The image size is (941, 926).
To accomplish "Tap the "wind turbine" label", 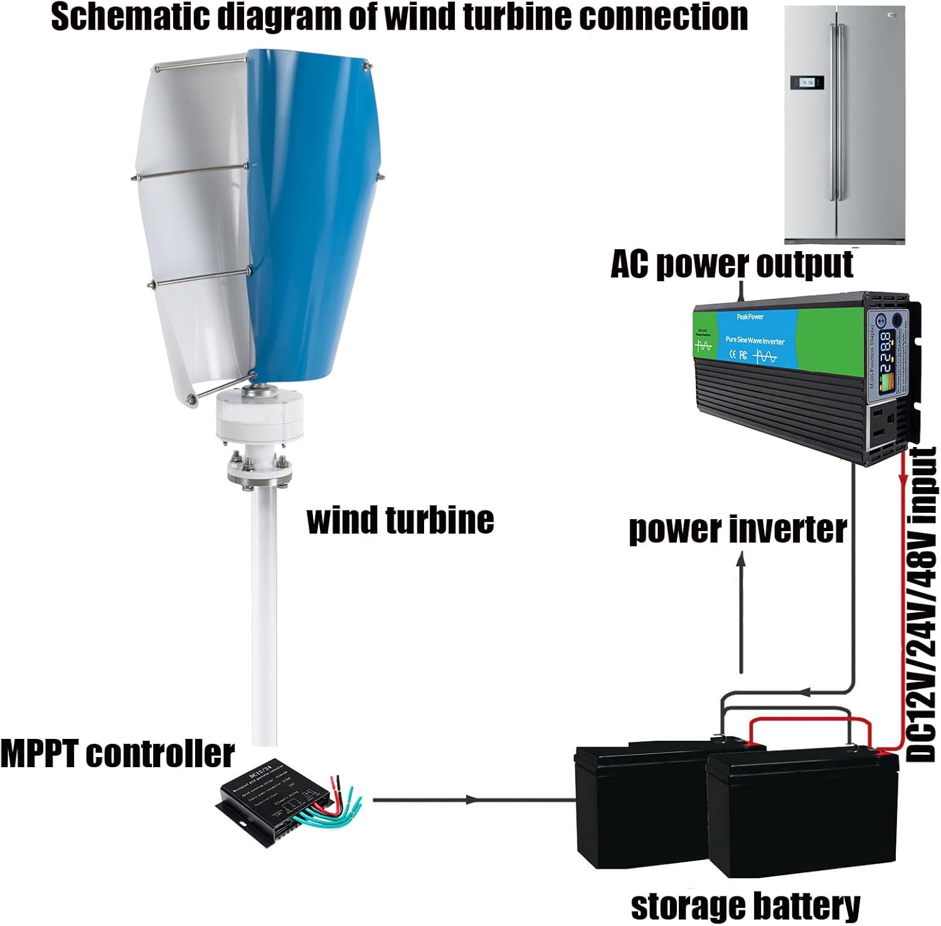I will pos(400,521).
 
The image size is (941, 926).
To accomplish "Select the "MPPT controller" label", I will pos(117,754).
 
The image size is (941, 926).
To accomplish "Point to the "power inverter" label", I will pos(738,530).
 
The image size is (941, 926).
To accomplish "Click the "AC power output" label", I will pos(731,264).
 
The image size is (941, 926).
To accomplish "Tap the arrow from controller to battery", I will pos(470,800).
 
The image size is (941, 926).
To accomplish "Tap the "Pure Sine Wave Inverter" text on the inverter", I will pos(755,340).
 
